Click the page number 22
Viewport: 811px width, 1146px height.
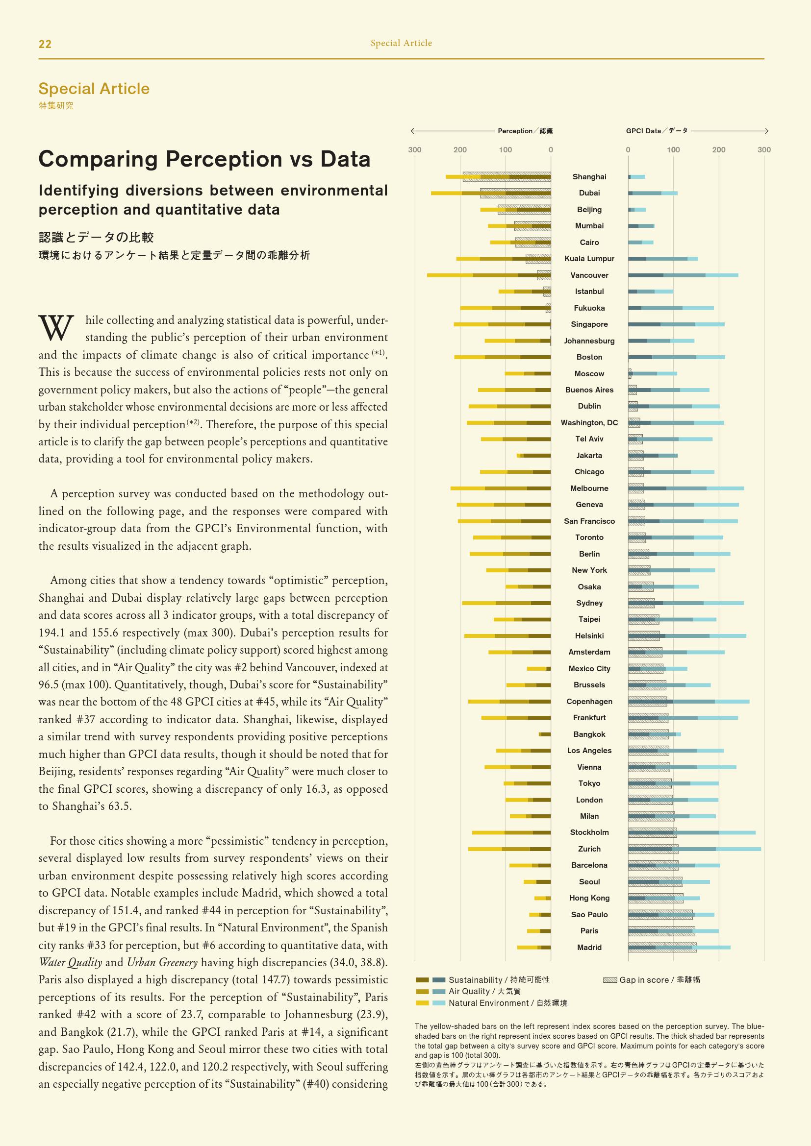[45, 44]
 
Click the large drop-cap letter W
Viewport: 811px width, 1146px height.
[56, 328]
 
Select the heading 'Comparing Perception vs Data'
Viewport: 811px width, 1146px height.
[204, 159]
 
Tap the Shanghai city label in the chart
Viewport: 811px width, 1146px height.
[589, 177]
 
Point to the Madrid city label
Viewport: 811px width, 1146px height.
[589, 948]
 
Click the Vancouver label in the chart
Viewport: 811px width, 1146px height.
[589, 275]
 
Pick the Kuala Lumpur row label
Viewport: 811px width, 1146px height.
[589, 259]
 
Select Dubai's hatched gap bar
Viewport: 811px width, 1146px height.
[515, 193]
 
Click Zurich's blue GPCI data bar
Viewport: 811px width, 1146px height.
[694, 849]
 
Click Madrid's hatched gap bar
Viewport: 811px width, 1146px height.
[662, 948]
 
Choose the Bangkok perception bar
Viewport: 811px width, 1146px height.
[545, 734]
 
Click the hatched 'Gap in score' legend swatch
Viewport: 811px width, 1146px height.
[610, 980]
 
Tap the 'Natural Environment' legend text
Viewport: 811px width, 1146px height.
[507, 1003]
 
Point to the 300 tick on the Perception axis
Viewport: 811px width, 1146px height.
[414, 150]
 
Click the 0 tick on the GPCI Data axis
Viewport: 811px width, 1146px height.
[628, 150]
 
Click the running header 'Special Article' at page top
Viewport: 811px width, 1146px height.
[401, 44]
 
